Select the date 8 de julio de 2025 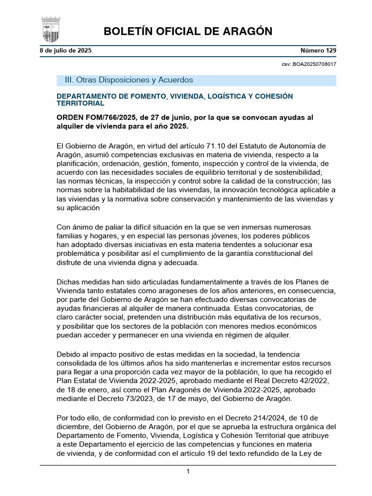click(x=65, y=50)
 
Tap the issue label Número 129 click(x=318, y=50)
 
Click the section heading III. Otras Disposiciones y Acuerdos click(x=125, y=80)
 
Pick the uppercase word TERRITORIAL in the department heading click(x=80, y=104)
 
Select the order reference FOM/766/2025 click(x=105, y=118)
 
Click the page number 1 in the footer click(x=188, y=471)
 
